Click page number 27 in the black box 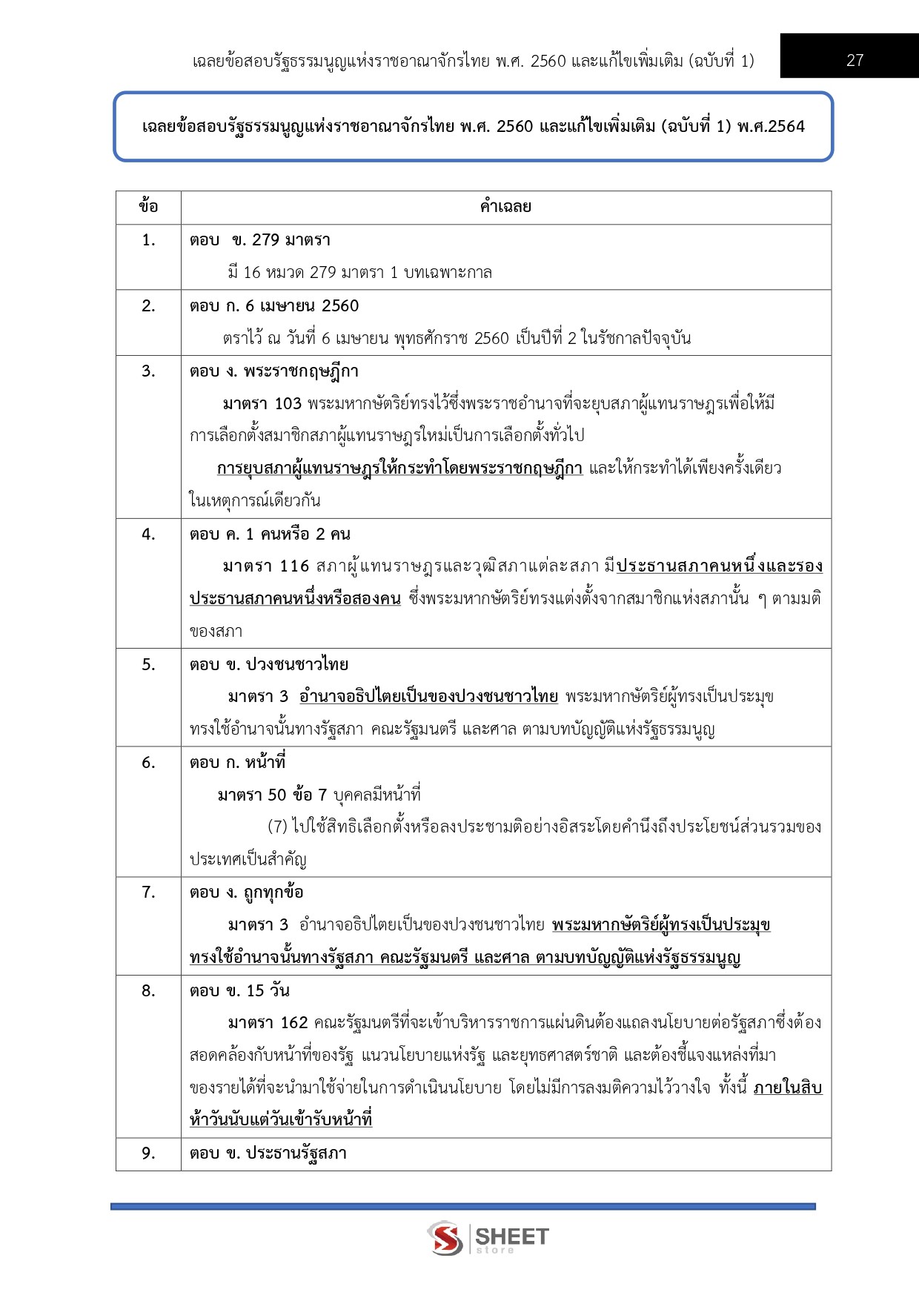pyautogui.click(x=855, y=60)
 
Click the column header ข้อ pyautogui.click(x=148, y=207)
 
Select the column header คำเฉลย pyautogui.click(x=505, y=207)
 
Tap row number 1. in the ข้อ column pyautogui.click(x=148, y=239)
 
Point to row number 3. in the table pyautogui.click(x=148, y=371)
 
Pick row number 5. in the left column pyautogui.click(x=148, y=664)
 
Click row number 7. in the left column pyautogui.click(x=148, y=892)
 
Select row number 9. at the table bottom pyautogui.click(x=148, y=1153)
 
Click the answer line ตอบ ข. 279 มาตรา pyautogui.click(x=260, y=239)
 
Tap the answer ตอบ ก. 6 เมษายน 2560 pyautogui.click(x=274, y=305)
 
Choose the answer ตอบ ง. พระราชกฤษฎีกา pyautogui.click(x=274, y=371)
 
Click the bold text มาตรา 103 pyautogui.click(x=262, y=403)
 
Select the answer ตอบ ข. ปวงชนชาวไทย pyautogui.click(x=269, y=664)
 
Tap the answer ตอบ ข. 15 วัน pyautogui.click(x=239, y=990)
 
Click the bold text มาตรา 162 pyautogui.click(x=268, y=1023)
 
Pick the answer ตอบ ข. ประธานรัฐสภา pyautogui.click(x=268, y=1153)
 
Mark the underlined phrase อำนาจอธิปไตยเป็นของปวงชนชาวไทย pyautogui.click(x=428, y=697)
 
